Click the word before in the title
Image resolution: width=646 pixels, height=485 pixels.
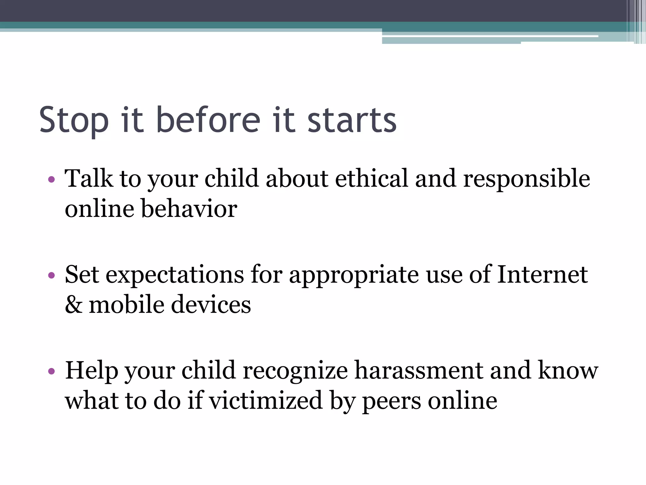point(208,120)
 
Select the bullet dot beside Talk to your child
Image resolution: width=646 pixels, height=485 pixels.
point(51,180)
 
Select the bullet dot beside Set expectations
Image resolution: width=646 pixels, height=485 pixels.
point(51,275)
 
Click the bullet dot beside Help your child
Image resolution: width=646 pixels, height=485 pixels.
point(51,371)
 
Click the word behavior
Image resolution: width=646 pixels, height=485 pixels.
point(189,209)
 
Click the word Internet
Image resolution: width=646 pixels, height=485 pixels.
point(542,274)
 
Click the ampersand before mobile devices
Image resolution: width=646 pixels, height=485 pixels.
point(74,305)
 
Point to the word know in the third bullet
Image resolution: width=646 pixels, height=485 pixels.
point(568,370)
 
